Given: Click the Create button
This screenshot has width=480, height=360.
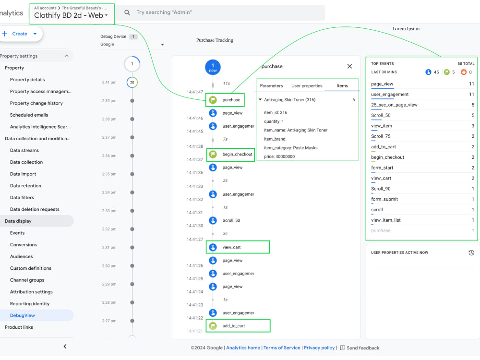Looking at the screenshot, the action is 20,34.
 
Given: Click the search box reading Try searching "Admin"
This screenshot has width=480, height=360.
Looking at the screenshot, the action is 221,12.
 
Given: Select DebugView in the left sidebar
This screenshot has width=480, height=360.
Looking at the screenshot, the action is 23,315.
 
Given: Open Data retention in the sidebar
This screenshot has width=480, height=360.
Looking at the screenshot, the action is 25,186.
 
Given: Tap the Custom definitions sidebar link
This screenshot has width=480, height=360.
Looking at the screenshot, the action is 31,268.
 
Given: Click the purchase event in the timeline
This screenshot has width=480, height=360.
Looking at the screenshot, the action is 231,100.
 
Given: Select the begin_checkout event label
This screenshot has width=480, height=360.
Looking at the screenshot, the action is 237,155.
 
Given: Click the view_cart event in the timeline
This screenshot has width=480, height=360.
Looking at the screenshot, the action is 232,247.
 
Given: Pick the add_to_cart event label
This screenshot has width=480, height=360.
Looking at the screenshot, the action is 234,326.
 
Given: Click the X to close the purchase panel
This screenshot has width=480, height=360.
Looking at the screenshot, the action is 349,66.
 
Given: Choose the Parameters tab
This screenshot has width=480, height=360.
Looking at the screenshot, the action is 271,86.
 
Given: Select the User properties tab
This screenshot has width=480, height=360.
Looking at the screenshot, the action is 307,86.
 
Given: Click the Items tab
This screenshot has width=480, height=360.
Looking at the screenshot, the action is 342,86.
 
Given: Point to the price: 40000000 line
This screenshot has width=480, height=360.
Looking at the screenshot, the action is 279,156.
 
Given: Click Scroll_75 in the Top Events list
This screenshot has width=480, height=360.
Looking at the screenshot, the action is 381,136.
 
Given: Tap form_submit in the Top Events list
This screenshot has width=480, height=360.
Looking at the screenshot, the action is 384,199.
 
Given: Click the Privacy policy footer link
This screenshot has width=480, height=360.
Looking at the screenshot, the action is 319,348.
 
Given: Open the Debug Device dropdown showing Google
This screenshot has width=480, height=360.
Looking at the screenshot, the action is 132,44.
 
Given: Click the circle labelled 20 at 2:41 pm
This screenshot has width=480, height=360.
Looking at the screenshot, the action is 132,83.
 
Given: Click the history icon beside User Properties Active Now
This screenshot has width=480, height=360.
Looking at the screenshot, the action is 471,252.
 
